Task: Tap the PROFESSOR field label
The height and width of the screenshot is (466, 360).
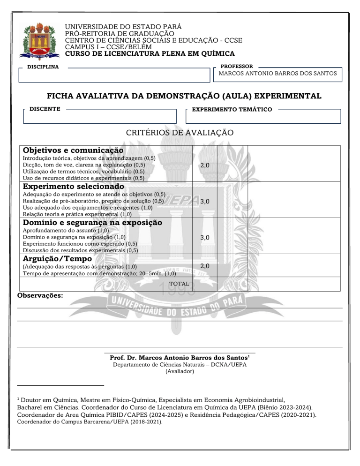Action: [237, 67]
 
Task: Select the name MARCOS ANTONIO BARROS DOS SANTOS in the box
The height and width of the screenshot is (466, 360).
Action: [279, 74]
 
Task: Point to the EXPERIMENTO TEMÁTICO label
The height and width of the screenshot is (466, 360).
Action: [232, 109]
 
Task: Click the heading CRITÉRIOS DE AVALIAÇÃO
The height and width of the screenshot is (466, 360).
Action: [180, 133]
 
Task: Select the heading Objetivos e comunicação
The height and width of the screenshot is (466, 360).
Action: [74, 150]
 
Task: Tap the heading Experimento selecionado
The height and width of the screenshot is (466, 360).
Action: [74, 186]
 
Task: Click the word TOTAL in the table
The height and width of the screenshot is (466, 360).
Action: [179, 284]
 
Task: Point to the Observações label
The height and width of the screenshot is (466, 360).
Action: [40, 296]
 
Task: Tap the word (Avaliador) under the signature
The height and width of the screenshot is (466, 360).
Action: [180, 372]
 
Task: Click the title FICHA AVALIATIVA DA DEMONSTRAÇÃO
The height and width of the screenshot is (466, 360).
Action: [185, 97]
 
